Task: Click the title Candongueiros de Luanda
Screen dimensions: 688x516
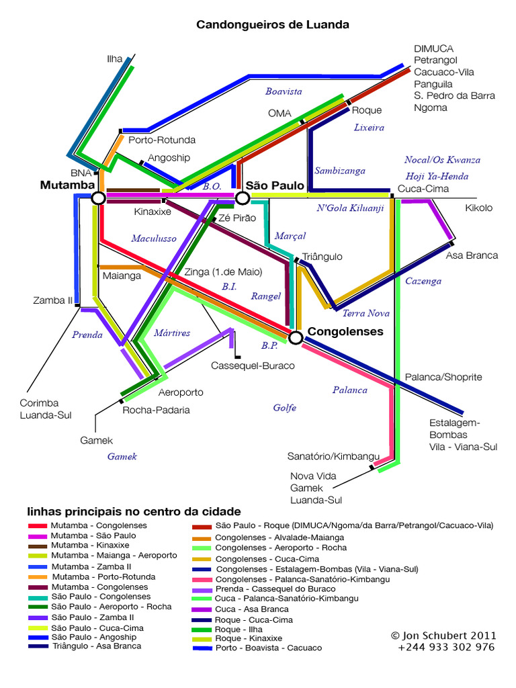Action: [x=272, y=25]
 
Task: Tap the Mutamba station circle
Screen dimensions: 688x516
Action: [x=98, y=198]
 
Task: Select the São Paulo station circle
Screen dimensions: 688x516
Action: [x=243, y=198]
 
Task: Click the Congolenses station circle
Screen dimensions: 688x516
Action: [x=295, y=337]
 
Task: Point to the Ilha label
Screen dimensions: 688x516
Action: [x=115, y=59]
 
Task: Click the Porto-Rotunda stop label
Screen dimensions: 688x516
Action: [x=161, y=140]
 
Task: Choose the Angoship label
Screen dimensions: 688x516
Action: [x=169, y=157]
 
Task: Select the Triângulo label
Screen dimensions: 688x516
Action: [x=322, y=257]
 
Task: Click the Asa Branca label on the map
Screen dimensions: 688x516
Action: [x=472, y=255]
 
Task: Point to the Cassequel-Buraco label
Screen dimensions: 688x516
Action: [x=253, y=365]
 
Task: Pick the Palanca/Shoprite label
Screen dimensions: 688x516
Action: [x=443, y=378]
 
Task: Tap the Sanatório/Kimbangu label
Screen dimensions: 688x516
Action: [x=329, y=456]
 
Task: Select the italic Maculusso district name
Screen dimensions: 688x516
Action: [x=153, y=238]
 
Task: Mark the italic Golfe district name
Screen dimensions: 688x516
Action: [x=285, y=407]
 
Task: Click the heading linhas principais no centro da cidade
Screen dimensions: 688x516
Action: [x=133, y=511]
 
